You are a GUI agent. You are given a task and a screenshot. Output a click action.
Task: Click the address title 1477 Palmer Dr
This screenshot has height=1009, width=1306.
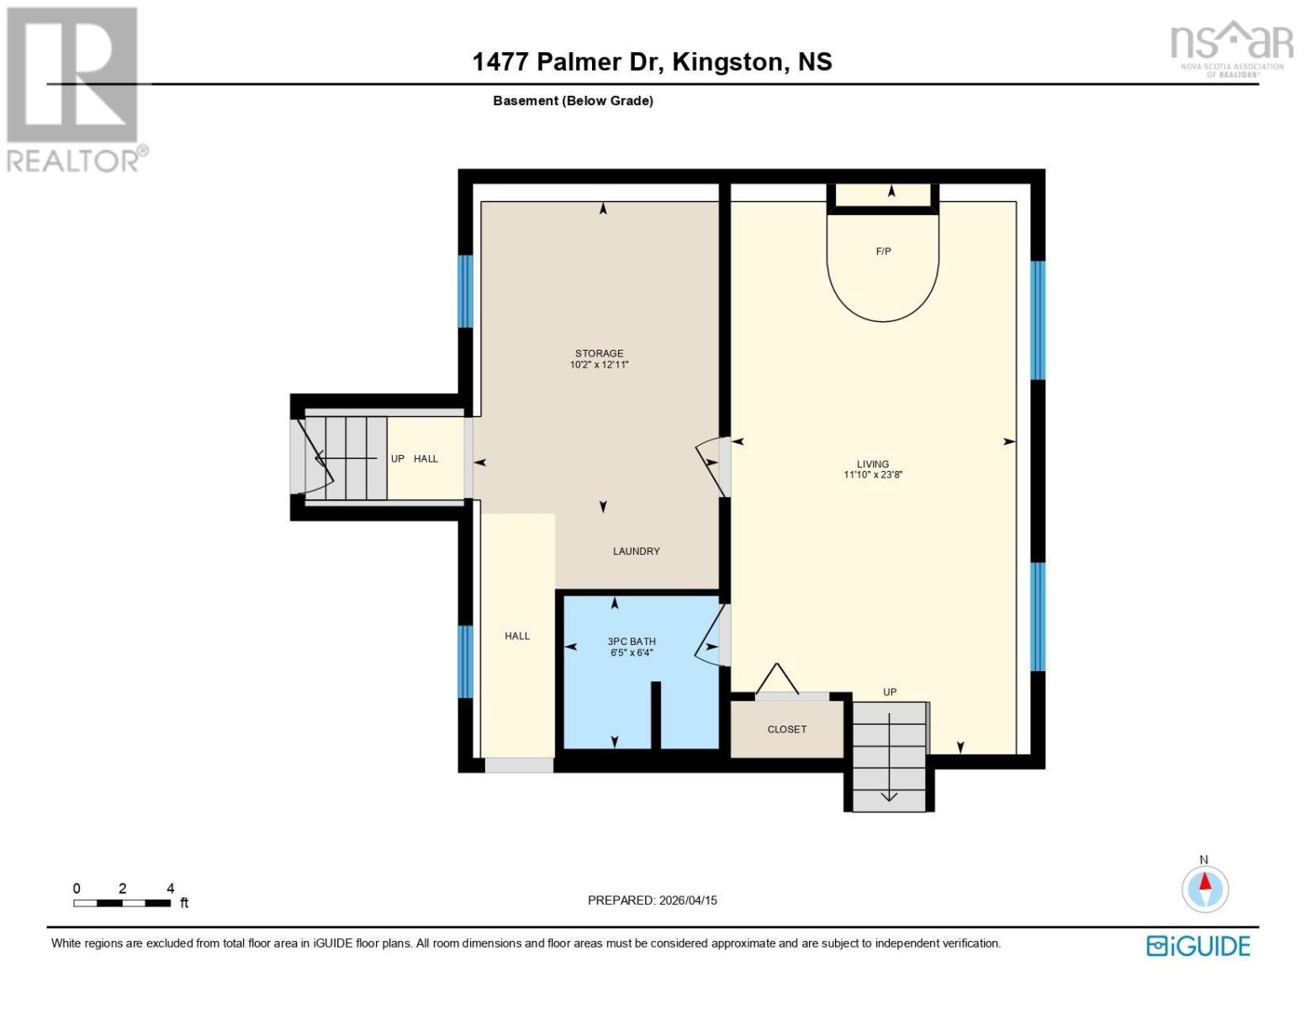tap(652, 61)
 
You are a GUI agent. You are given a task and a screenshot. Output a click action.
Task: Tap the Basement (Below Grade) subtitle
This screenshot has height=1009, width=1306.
tap(573, 101)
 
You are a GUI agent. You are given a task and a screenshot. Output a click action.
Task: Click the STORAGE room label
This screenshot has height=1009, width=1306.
tap(599, 353)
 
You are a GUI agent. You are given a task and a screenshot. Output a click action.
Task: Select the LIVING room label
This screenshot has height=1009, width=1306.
tap(872, 464)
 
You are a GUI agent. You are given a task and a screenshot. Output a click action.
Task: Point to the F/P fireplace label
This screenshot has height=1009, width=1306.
tap(883, 251)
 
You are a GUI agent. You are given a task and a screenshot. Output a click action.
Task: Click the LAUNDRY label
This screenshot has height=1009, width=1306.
tap(636, 552)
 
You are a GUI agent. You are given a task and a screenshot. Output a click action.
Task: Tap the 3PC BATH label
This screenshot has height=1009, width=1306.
tap(632, 642)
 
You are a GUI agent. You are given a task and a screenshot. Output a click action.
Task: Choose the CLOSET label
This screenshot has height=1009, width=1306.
tap(786, 730)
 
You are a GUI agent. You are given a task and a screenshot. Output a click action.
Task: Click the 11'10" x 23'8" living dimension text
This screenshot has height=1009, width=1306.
tap(873, 475)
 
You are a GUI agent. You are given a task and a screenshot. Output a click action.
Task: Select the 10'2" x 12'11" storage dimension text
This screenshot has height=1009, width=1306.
tap(599, 365)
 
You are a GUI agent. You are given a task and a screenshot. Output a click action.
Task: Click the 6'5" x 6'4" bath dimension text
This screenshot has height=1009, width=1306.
tap(632, 652)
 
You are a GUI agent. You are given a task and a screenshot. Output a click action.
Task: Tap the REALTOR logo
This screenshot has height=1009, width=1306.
tap(74, 88)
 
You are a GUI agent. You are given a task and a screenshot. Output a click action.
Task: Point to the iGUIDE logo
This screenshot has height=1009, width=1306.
tap(1198, 946)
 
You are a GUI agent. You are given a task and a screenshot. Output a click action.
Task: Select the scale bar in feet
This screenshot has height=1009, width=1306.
tap(122, 903)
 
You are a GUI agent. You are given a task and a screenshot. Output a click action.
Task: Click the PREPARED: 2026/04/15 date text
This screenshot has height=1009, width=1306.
tap(652, 901)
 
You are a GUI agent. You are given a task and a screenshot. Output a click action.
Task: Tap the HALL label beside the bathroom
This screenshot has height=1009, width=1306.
tap(517, 637)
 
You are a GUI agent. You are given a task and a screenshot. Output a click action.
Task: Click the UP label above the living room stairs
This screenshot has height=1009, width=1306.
tap(890, 693)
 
